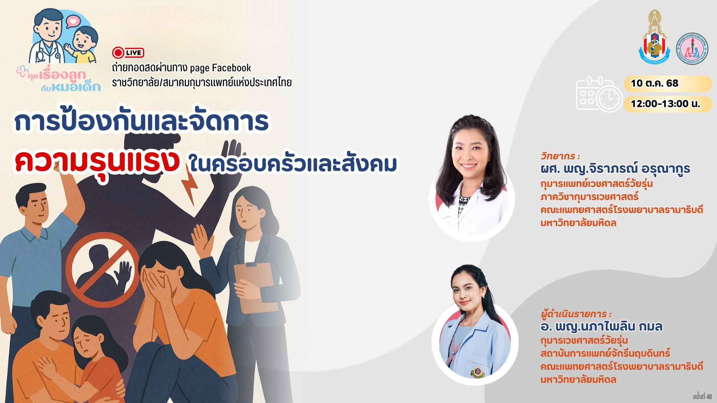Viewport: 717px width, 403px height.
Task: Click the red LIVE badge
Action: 128,53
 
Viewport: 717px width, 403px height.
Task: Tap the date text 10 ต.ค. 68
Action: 654,83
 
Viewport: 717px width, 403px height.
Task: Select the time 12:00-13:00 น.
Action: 665,104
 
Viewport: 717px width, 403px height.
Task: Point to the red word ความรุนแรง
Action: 97,162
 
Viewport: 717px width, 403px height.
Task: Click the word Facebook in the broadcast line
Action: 232,68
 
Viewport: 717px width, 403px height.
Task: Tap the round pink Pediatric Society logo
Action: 692,49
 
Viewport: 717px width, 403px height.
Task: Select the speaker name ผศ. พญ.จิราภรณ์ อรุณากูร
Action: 615,169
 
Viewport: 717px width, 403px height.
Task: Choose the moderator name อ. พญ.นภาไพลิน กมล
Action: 601,327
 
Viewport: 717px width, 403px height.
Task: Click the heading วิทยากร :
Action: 560,156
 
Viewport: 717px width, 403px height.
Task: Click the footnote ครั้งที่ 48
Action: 702,396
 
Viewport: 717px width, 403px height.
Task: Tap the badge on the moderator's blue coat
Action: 477,371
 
